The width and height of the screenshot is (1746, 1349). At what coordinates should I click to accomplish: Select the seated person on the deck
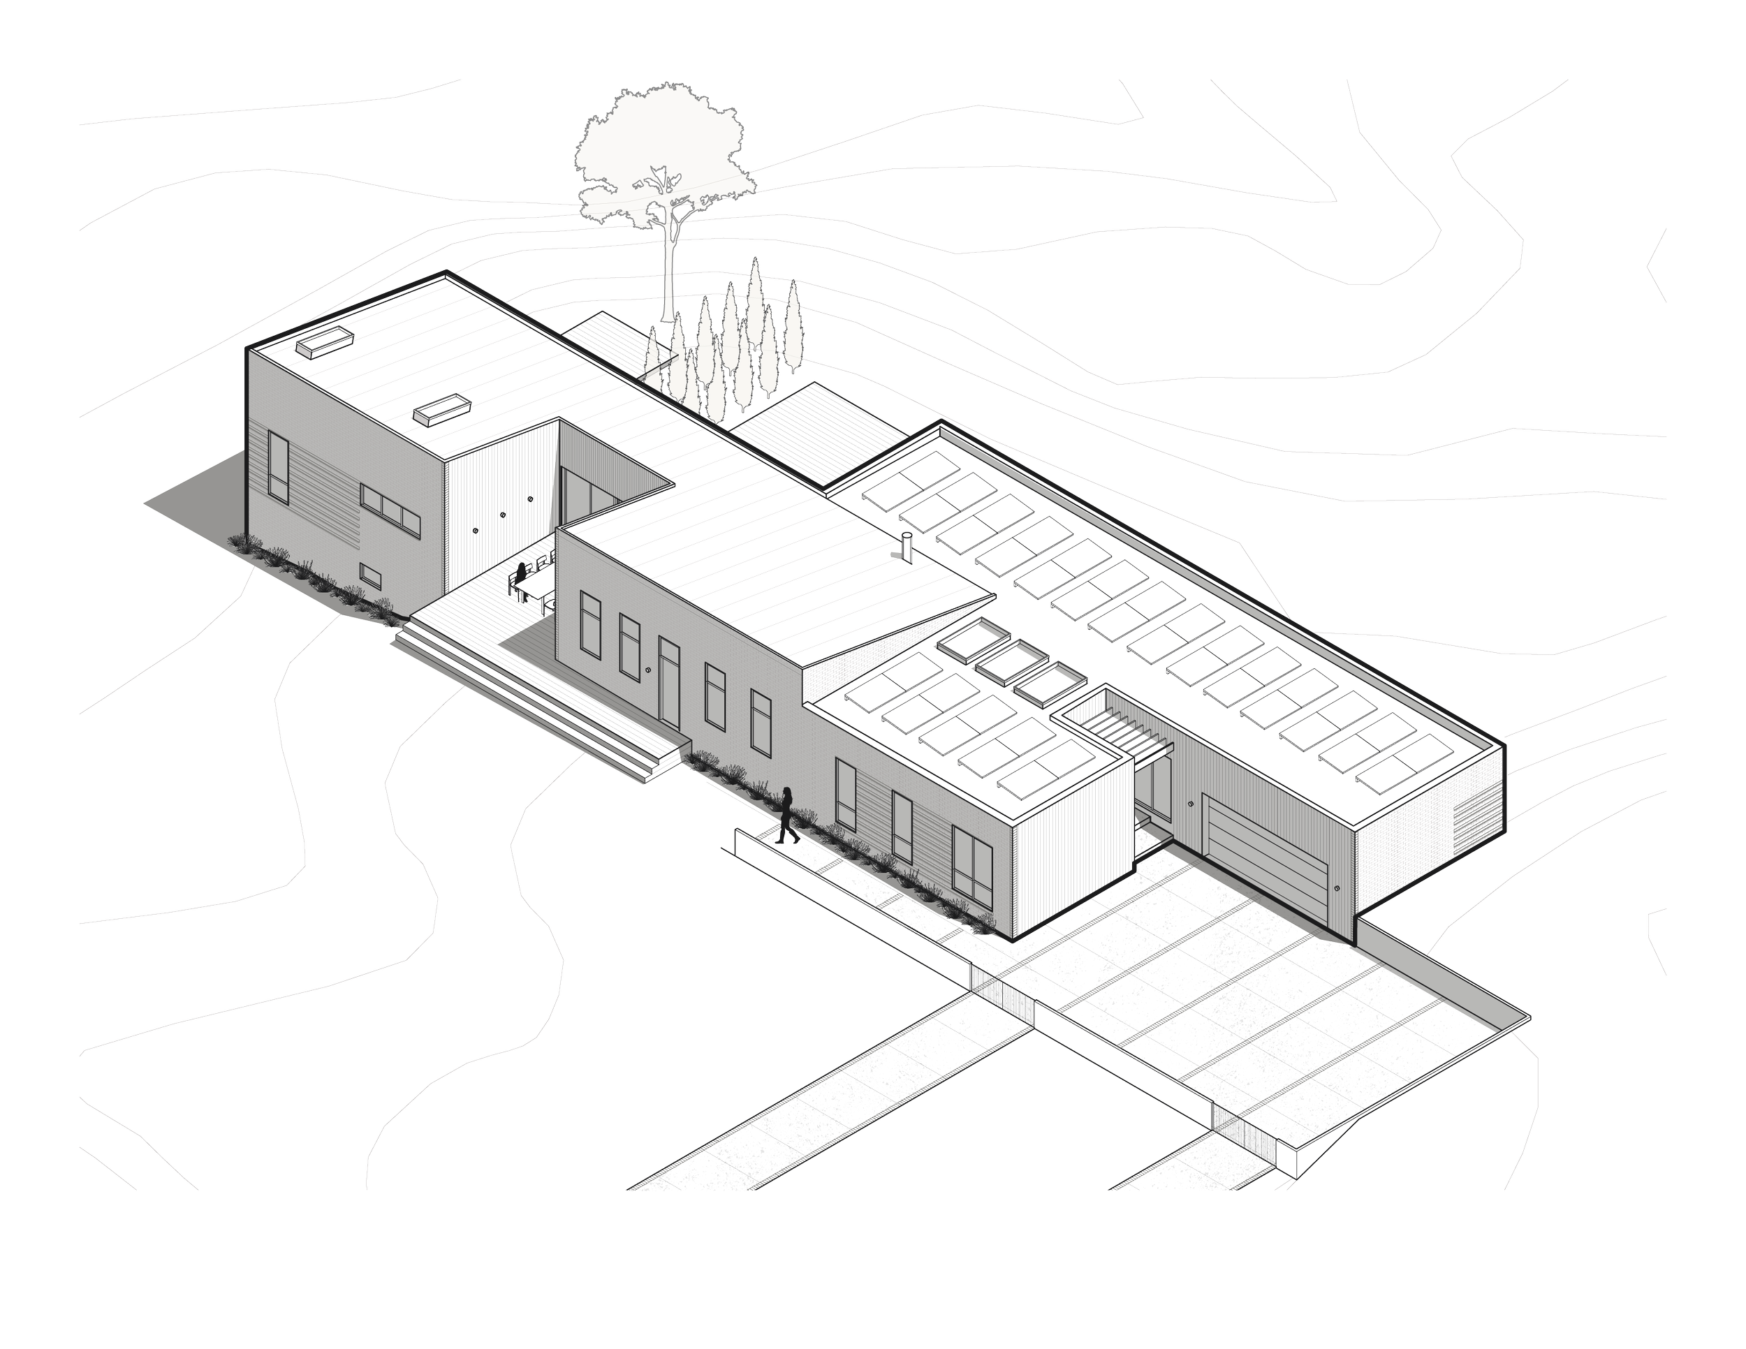click(x=519, y=577)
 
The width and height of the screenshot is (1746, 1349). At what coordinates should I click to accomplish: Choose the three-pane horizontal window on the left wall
click(x=390, y=507)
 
